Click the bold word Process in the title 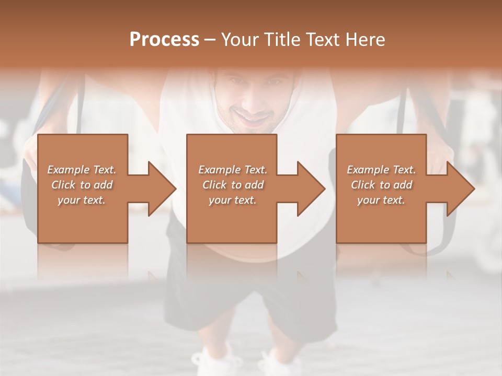(164, 40)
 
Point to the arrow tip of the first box (175, 189)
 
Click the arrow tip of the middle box (323, 189)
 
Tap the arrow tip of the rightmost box (473, 189)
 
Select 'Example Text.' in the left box (82, 170)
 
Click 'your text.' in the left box (82, 200)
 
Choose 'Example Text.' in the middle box (233, 170)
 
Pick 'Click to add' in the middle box (233, 185)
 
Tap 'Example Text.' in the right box (381, 170)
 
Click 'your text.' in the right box (381, 200)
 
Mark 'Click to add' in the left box (82, 185)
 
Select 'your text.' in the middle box (233, 200)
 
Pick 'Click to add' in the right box (381, 185)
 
